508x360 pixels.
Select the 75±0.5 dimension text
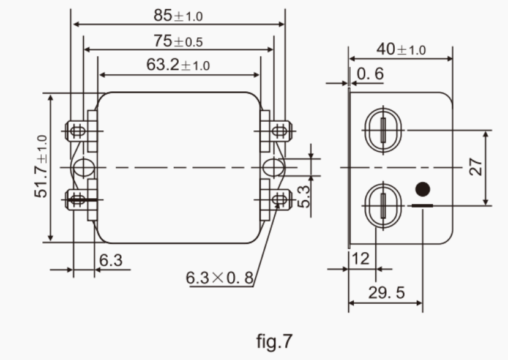click(177, 41)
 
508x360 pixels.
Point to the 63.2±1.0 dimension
click(177, 66)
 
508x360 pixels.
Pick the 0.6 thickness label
click(370, 74)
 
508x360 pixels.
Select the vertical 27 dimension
click(476, 167)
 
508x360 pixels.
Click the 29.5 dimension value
click(386, 293)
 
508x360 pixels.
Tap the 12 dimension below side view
click(361, 258)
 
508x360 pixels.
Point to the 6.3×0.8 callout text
click(219, 277)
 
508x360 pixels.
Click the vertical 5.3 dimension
click(304, 196)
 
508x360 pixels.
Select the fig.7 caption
click(274, 340)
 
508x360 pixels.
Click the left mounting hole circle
click(83, 167)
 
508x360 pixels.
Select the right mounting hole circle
click(273, 167)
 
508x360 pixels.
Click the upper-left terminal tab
click(78, 130)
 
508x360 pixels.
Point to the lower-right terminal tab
click(278, 198)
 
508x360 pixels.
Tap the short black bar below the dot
click(422, 206)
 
